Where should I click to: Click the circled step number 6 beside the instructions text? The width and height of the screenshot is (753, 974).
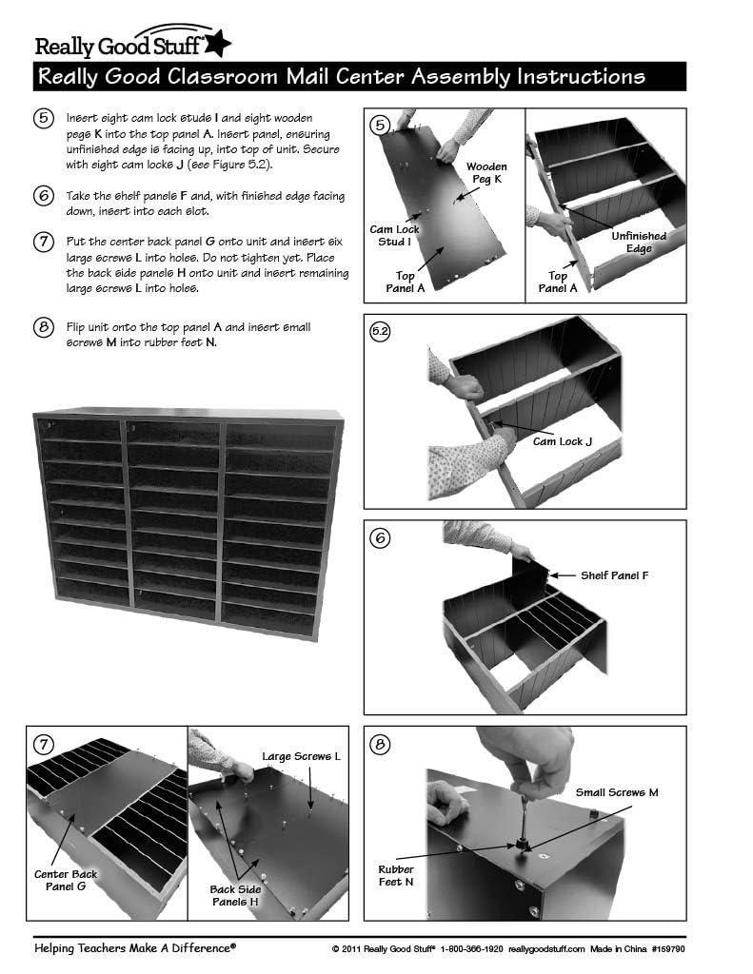point(43,197)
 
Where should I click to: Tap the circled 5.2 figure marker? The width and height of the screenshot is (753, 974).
point(380,331)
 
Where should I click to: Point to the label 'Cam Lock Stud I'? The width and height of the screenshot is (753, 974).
point(395,235)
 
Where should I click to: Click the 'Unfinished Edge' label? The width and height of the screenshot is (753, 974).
point(639,242)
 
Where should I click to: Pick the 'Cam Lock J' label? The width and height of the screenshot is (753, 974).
point(562,441)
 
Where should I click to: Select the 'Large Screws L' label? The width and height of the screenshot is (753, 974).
point(301,756)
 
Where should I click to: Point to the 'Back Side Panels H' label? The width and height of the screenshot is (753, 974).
point(236,895)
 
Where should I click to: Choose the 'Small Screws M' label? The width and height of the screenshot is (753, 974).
point(617,791)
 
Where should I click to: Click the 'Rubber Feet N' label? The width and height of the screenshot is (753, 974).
point(396,875)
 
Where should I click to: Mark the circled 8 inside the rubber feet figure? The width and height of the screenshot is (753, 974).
point(380,744)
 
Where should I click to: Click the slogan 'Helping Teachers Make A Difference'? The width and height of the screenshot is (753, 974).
point(134,947)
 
